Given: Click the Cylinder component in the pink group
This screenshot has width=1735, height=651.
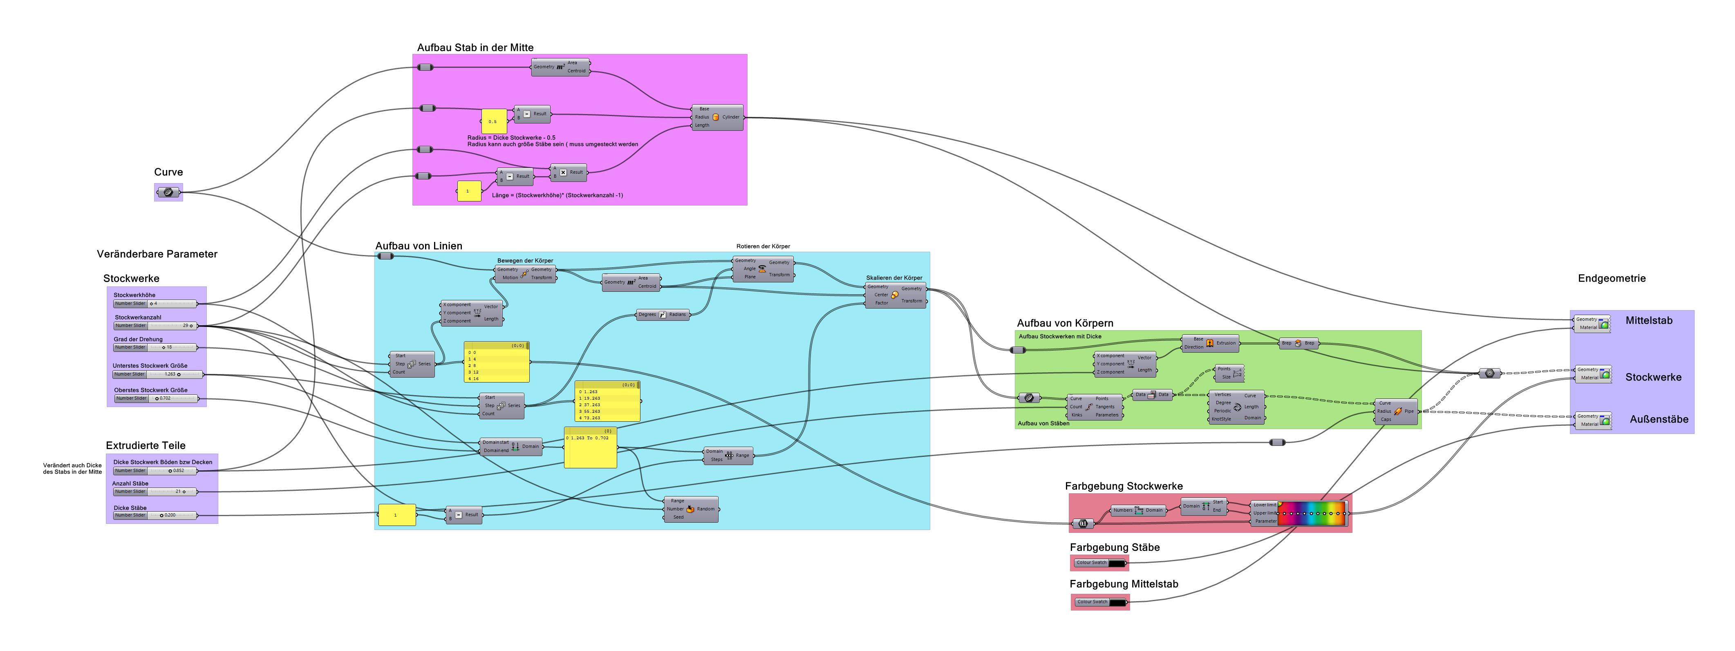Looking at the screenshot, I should (717, 117).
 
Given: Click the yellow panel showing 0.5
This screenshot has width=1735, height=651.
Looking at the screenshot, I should (493, 122).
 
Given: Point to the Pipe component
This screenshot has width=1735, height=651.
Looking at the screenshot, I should (1397, 412).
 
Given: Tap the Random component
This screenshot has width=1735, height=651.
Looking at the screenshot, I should (691, 509).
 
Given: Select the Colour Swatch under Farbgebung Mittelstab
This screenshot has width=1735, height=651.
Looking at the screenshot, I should (1100, 602).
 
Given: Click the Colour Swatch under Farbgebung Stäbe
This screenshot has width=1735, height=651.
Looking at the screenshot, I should (1100, 563).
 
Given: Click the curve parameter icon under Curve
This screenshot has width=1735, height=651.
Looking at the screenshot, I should (168, 192).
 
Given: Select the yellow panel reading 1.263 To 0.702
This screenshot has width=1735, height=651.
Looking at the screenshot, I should (590, 447).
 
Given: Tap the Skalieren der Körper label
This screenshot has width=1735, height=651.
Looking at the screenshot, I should (894, 277).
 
